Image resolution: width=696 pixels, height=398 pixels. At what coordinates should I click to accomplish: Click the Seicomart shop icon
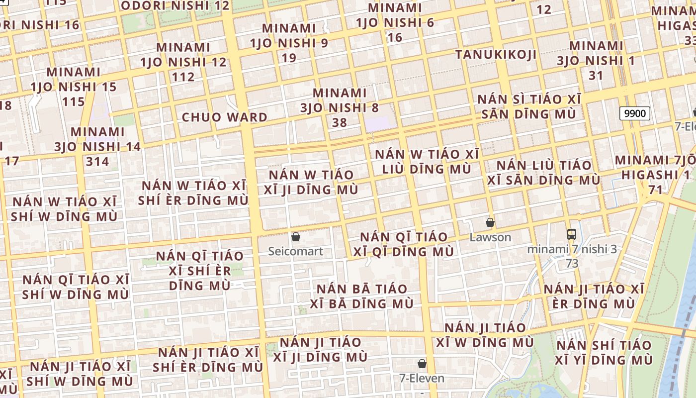pos(296,237)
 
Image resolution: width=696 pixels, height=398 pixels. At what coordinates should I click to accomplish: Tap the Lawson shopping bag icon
pos(490,222)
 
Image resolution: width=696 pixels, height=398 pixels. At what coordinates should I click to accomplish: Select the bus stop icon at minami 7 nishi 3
pos(572,234)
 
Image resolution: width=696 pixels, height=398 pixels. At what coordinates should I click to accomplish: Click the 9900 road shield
pos(635,113)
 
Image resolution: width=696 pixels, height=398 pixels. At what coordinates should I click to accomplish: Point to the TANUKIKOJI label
pos(496,54)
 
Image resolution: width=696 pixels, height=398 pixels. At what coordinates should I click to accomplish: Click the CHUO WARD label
pos(225,117)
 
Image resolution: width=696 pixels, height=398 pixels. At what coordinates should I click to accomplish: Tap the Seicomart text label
pos(296,251)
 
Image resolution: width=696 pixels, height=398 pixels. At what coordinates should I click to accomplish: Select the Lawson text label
pos(490,237)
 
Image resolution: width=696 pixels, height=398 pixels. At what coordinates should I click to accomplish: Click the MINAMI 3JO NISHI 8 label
pos(340,107)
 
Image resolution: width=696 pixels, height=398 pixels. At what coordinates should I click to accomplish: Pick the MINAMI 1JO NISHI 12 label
pos(183,62)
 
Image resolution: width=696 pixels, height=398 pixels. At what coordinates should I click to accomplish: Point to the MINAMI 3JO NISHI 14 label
pos(97,147)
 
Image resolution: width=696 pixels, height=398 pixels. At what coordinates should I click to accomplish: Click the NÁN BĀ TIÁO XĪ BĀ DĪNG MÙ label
pos(362,296)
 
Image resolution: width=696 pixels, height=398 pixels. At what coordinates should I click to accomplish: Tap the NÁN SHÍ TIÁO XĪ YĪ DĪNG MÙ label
pos(604,352)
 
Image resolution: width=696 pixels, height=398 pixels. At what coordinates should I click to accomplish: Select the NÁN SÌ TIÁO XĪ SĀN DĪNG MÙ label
pos(529,106)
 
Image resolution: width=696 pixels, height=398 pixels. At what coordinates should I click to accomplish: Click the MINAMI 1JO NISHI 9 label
pos(289,43)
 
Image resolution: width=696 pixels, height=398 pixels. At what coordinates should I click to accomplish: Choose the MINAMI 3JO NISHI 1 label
pos(596,61)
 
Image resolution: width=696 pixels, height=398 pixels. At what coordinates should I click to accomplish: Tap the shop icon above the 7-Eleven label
pos(422,364)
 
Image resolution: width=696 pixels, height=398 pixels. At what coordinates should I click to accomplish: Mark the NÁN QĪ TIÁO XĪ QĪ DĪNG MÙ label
pos(404,244)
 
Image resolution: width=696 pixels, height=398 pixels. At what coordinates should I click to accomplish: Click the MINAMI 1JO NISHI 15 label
pos(74,87)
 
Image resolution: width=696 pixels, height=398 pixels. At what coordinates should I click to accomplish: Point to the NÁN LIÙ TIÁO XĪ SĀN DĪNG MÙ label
pos(543,172)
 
